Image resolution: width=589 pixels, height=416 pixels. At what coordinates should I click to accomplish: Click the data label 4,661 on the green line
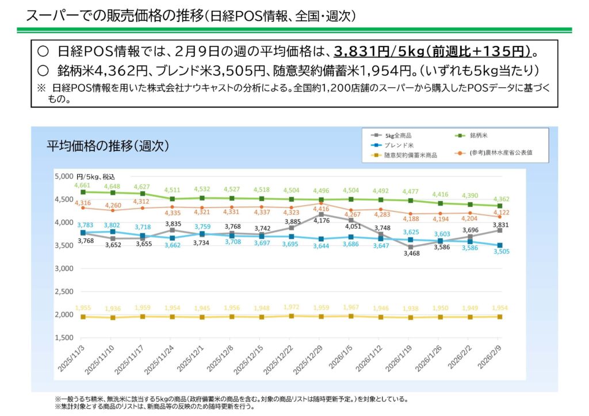tap(83, 186)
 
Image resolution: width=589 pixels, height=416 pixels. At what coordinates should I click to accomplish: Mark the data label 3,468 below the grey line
tap(411, 253)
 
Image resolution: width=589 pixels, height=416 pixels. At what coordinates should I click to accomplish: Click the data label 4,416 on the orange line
tap(321, 209)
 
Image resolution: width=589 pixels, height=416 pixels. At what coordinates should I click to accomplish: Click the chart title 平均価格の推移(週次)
tap(108, 146)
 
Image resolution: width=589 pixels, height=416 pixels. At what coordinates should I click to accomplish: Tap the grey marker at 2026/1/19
tap(411, 247)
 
